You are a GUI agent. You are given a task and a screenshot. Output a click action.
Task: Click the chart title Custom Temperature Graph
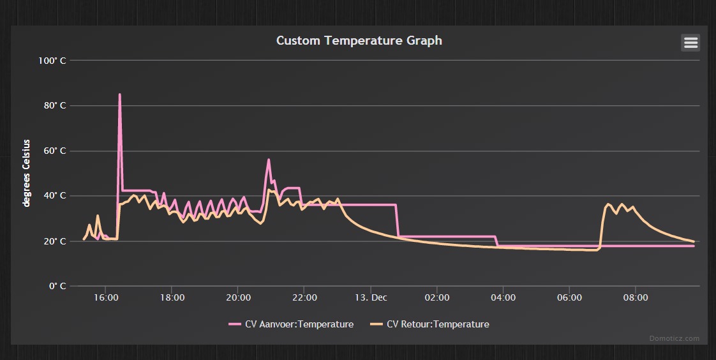click(x=359, y=40)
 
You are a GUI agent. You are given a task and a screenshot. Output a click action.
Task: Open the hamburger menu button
click(x=690, y=43)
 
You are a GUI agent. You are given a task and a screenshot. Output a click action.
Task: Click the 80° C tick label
click(x=54, y=105)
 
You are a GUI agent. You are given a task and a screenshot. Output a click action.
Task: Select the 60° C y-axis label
click(x=54, y=151)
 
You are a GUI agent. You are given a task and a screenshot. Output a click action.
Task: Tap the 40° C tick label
click(x=54, y=196)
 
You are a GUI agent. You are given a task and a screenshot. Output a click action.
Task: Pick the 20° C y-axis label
click(x=54, y=241)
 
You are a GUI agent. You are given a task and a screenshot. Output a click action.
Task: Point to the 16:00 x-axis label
click(x=105, y=297)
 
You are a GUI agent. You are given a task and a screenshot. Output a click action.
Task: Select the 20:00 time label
click(x=238, y=297)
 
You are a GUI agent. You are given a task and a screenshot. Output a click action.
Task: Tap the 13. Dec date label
click(x=371, y=297)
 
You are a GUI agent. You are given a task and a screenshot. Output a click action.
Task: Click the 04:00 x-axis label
click(x=503, y=297)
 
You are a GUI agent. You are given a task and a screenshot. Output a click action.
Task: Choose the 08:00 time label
click(x=636, y=297)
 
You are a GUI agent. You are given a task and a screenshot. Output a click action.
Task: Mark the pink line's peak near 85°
click(x=119, y=95)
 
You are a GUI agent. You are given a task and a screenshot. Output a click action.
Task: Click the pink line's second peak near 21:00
click(x=269, y=160)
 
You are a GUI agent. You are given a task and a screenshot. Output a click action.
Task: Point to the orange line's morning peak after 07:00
click(x=608, y=204)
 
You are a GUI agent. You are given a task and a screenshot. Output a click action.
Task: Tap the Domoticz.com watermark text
click(x=675, y=338)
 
